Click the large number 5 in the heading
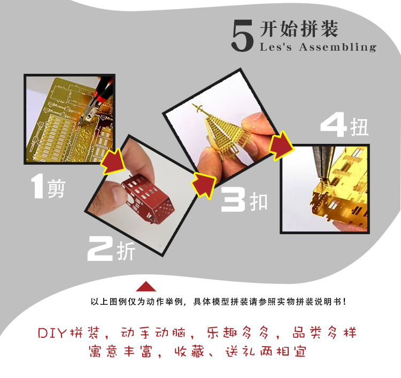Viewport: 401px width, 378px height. click(242, 36)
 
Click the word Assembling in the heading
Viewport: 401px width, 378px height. click(337, 47)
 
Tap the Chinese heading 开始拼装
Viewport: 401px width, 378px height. click(299, 28)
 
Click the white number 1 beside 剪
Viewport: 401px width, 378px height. click(37, 186)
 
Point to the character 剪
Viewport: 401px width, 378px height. click(57, 189)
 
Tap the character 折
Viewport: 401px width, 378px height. click(126, 251)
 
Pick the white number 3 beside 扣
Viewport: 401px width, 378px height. click(233, 199)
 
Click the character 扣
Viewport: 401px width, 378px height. click(259, 202)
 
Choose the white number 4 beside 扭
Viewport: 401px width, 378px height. click(334, 127)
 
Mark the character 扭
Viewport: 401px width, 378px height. click(359, 127)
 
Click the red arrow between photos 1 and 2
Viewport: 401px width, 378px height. click(113, 161)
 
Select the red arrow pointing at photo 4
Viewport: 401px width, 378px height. click(281, 146)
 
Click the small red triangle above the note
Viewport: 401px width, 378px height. click(146, 287)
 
